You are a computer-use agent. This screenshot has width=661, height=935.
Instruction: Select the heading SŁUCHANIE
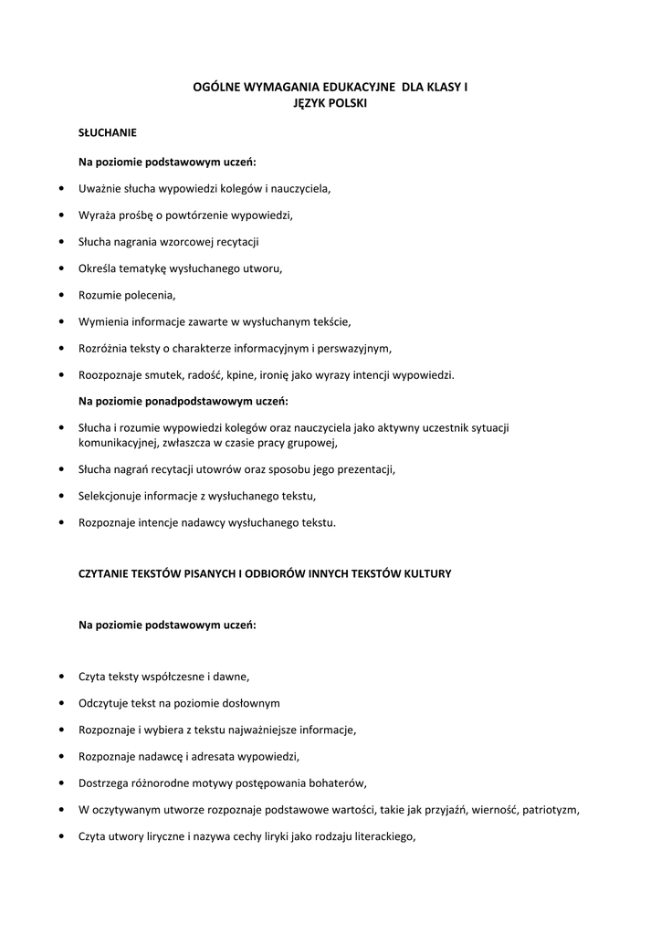(108, 132)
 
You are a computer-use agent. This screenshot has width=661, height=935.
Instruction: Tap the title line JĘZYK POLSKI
(330, 103)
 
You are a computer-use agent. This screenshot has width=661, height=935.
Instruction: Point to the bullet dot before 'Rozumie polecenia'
(60, 295)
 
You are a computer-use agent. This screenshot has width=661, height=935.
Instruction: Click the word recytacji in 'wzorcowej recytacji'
(236, 242)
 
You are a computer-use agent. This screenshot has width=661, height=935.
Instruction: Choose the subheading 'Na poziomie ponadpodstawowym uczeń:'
(184, 401)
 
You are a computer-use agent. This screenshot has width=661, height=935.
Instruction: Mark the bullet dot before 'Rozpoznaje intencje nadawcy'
(60, 522)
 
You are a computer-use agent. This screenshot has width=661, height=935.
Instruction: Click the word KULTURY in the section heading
(426, 573)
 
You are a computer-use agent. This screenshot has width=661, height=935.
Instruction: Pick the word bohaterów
(337, 783)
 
